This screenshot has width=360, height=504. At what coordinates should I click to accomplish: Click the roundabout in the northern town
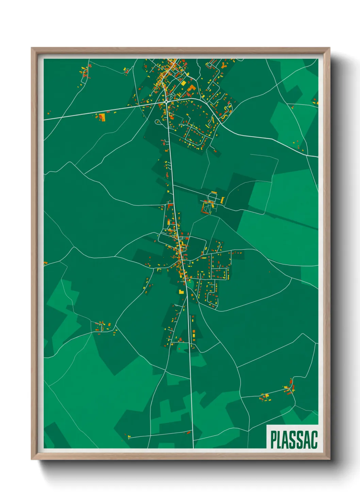pyautogui.click(x=166, y=101)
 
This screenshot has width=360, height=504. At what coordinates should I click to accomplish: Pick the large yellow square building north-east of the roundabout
pyautogui.click(x=184, y=83)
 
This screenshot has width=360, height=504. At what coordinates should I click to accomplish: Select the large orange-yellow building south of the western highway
pyautogui.click(x=102, y=117)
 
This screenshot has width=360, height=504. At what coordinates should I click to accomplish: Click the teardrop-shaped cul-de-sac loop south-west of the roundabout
pyautogui.click(x=158, y=121)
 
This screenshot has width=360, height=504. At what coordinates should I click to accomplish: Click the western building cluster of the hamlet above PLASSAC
pyautogui.click(x=264, y=397)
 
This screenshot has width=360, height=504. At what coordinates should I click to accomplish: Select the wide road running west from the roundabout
pyautogui.click(x=102, y=111)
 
